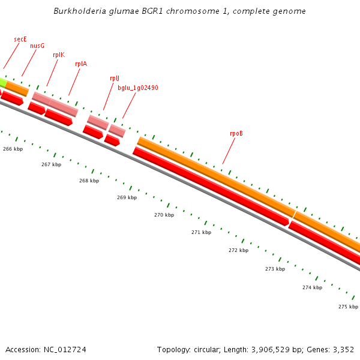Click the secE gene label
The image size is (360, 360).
click(x=20, y=39)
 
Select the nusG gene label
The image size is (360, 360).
click(x=37, y=45)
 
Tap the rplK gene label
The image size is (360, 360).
click(x=59, y=55)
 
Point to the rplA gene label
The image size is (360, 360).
click(x=81, y=64)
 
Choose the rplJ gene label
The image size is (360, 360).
click(x=115, y=78)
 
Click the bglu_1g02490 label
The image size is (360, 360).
click(x=138, y=88)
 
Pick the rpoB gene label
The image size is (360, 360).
click(x=236, y=133)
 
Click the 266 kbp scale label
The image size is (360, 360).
click(x=13, y=149)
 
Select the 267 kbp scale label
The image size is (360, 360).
click(x=51, y=164)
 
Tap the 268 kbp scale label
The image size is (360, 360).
click(x=89, y=181)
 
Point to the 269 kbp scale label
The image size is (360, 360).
click(x=127, y=197)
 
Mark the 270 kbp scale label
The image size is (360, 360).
click(x=164, y=215)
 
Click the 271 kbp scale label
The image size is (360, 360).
click(x=201, y=232)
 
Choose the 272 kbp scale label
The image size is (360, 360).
click(x=238, y=250)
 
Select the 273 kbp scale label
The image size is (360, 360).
click(x=275, y=269)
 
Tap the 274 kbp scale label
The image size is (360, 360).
click(x=312, y=287)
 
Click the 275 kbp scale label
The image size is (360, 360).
click(x=348, y=307)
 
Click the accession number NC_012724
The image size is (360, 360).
click(x=65, y=349)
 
